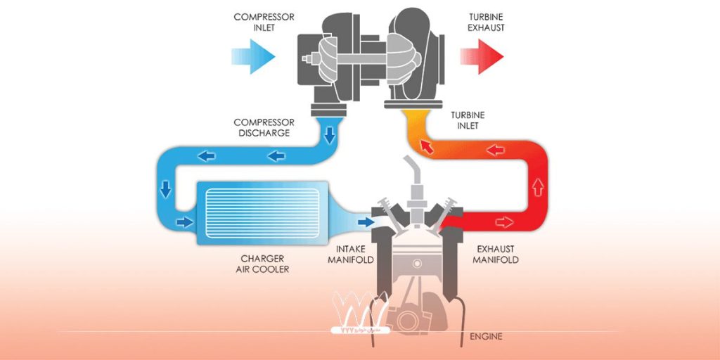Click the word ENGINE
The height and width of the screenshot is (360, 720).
click(486, 336)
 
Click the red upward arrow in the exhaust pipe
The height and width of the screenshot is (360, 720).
click(539, 187)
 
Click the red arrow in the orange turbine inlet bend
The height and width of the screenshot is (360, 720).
click(425, 146)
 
